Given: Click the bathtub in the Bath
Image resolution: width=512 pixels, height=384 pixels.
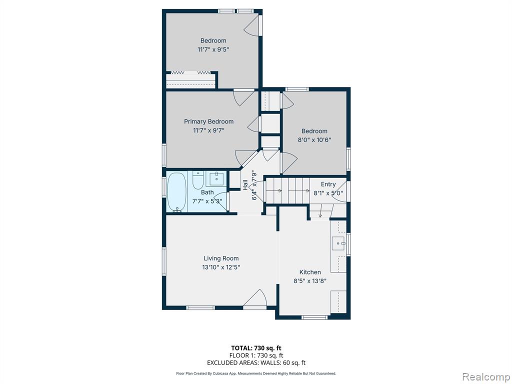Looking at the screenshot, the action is pos(177,192).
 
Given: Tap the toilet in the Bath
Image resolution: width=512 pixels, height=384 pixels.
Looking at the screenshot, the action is pos(197,180).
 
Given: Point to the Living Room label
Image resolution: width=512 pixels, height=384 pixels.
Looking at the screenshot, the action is pos(221,258).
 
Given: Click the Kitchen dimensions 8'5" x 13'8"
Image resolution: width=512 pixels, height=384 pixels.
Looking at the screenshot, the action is pos(310,281).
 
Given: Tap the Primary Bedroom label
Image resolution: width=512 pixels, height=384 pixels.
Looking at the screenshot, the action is pos(208,121).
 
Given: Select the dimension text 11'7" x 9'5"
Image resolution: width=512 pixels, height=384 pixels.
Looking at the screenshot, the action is pos(213,49).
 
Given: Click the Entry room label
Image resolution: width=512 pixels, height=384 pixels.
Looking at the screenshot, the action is pos(328,184).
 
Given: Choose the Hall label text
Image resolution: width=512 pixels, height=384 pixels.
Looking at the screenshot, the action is pos(245,185).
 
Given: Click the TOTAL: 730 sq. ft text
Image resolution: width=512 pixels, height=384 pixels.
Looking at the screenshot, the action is pos(256,348).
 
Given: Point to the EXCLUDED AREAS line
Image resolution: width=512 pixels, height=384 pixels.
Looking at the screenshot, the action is pos(256,363).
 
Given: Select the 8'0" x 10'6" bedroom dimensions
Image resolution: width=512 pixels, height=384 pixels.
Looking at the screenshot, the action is pos(314,140).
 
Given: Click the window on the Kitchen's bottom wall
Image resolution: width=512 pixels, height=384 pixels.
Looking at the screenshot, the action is pos(314,317).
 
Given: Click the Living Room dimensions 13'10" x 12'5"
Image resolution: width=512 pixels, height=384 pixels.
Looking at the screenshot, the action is pos(221,267).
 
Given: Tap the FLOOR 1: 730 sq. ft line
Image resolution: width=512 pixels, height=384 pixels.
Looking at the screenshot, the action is pos(256,355).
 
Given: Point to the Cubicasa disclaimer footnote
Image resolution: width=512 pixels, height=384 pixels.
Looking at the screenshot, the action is pos(256,373).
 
